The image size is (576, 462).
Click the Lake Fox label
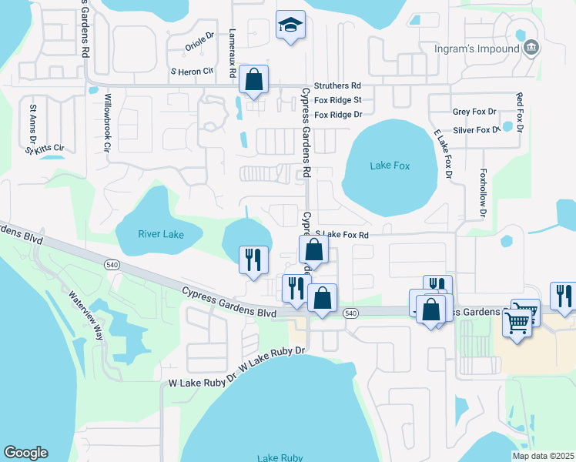tap(390, 166)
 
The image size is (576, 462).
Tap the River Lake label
tap(161, 234)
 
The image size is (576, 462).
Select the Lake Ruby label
tap(280, 457)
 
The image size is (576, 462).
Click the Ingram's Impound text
tap(477, 49)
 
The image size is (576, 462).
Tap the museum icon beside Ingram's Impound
tap(531, 49)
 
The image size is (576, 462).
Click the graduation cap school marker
tap(290, 26)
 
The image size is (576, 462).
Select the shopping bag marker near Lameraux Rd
tap(253, 79)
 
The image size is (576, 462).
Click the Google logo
tap(25, 453)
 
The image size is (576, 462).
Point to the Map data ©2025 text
tap(543, 456)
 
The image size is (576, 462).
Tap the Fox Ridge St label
tap(337, 100)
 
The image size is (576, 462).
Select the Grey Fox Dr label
tap(475, 112)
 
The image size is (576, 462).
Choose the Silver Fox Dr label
tap(477, 130)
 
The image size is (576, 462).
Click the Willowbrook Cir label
tap(109, 123)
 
